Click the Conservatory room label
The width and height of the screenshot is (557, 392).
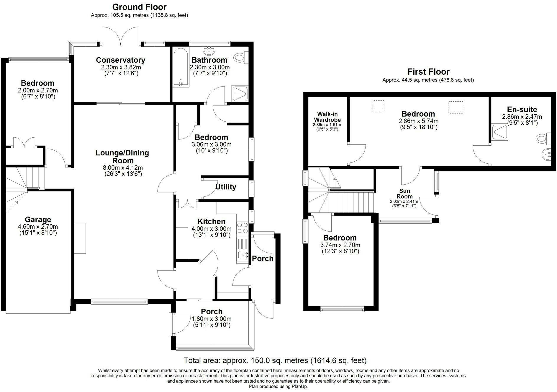[x=120, y=60]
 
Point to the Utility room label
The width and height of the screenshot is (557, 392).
[x=226, y=187]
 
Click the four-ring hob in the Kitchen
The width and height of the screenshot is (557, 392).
[x=243, y=228]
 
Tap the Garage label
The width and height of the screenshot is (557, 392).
[x=38, y=219]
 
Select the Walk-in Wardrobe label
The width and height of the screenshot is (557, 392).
[x=327, y=117]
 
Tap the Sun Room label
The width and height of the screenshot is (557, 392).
[x=404, y=193]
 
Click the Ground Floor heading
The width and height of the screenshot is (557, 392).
[x=139, y=7]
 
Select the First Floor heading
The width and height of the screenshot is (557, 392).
[x=428, y=72]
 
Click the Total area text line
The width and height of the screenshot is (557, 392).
[x=275, y=360]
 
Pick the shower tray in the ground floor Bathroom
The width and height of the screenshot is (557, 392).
[x=240, y=94]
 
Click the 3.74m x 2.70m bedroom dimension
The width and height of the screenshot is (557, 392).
[x=340, y=245]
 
